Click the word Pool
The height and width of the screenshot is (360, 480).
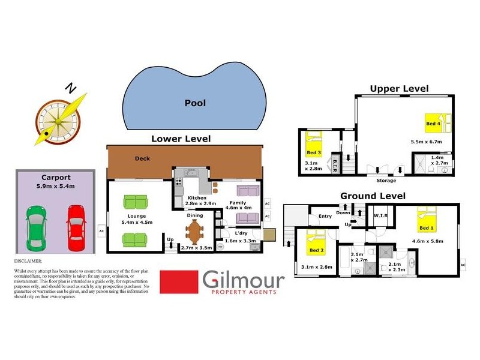click(194, 103)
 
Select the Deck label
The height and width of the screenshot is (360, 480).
click(142, 159)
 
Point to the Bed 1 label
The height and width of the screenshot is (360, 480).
click(425, 229)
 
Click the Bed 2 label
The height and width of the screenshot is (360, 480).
click(317, 250)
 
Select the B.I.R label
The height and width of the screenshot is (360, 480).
click(335, 163)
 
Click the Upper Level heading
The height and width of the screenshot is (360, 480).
click(399, 89)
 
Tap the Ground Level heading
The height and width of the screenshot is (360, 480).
click(373, 196)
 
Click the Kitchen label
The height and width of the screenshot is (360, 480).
click(197, 198)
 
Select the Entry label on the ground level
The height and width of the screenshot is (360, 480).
click(325, 216)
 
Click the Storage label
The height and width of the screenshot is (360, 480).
click(386, 180)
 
